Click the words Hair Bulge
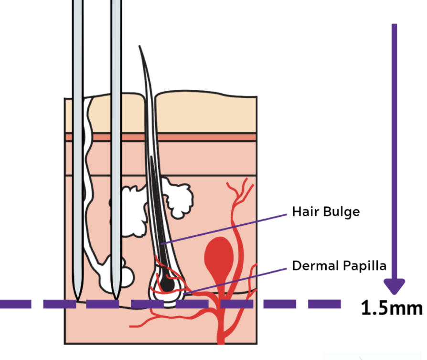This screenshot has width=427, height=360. tap(325, 212)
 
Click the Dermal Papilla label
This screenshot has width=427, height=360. tap(339, 265)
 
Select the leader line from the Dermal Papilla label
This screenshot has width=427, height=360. tap(234, 279)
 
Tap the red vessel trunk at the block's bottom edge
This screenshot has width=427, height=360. tap(220, 337)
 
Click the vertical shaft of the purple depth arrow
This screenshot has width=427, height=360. tap(394, 143)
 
